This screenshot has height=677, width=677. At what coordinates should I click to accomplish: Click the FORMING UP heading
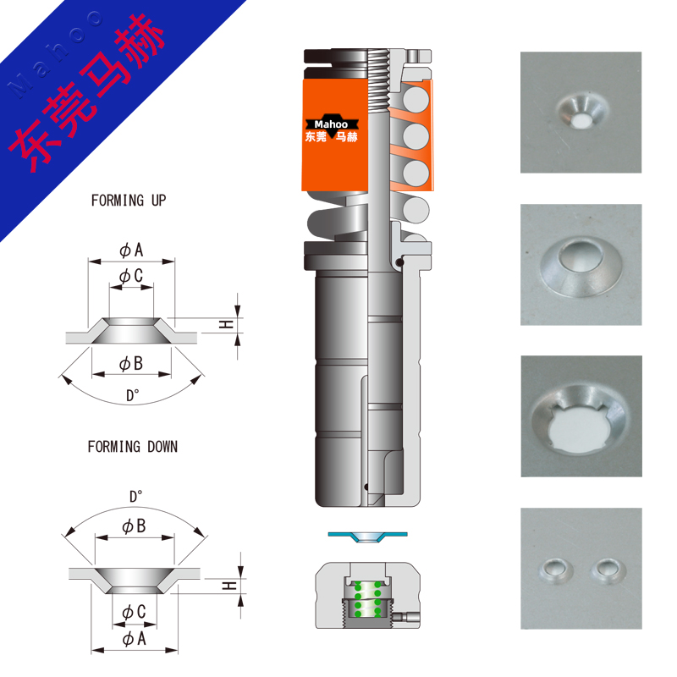[129, 201]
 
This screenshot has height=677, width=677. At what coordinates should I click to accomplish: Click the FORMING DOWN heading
[133, 447]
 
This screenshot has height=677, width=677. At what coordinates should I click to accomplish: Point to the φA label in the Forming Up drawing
[131, 250]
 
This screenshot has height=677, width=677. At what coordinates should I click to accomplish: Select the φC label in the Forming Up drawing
[131, 276]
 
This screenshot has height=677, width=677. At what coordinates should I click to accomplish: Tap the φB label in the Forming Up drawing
[131, 364]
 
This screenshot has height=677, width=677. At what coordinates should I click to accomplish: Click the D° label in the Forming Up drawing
[133, 395]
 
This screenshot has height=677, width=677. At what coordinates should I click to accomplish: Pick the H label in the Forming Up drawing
[226, 325]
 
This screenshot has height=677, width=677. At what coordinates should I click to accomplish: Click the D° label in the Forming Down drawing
[136, 497]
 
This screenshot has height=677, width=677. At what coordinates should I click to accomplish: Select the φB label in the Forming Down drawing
[134, 526]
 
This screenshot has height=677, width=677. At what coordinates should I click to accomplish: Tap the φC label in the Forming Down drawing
[134, 612]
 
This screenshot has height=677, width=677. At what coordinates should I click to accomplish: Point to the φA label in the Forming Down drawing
[134, 639]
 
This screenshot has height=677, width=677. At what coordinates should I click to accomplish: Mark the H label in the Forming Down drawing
[229, 586]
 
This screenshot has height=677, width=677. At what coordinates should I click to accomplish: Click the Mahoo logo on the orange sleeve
[332, 129]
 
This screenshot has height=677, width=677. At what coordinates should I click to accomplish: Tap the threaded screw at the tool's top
[378, 78]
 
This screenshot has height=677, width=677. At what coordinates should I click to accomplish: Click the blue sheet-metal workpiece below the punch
[367, 537]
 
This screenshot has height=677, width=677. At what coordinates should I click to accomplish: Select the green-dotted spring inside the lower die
[367, 599]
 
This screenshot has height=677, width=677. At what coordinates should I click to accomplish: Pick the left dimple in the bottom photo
[556, 570]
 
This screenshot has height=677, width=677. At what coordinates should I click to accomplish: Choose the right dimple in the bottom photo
[608, 570]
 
